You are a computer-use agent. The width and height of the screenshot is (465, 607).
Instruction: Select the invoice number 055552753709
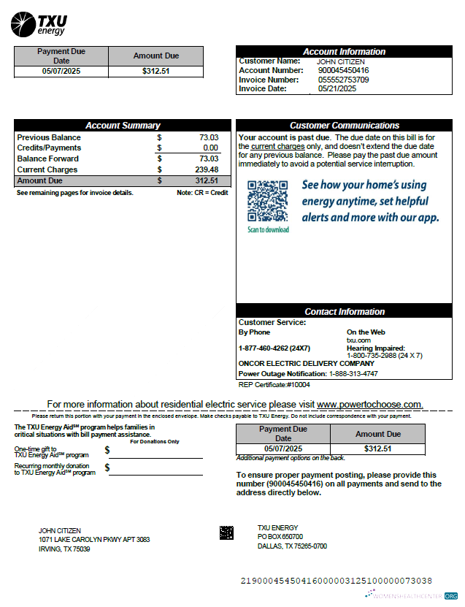(343, 80)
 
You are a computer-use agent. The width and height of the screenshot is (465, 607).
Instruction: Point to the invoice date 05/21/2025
(337, 88)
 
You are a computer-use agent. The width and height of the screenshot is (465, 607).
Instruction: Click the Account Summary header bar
(123, 126)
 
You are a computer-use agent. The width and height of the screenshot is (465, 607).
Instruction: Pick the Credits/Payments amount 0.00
(210, 148)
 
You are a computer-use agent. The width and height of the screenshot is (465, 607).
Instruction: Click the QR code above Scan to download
(267, 200)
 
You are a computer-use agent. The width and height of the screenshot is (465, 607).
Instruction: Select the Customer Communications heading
(344, 126)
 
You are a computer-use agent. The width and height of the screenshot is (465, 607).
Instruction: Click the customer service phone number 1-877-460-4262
(274, 348)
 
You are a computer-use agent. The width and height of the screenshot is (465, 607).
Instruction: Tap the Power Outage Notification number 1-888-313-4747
(353, 373)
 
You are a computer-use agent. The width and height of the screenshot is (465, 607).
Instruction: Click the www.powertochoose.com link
(369, 404)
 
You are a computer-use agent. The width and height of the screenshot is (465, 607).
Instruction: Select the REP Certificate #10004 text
(274, 384)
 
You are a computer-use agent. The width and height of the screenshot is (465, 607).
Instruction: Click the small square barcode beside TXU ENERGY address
(226, 532)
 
